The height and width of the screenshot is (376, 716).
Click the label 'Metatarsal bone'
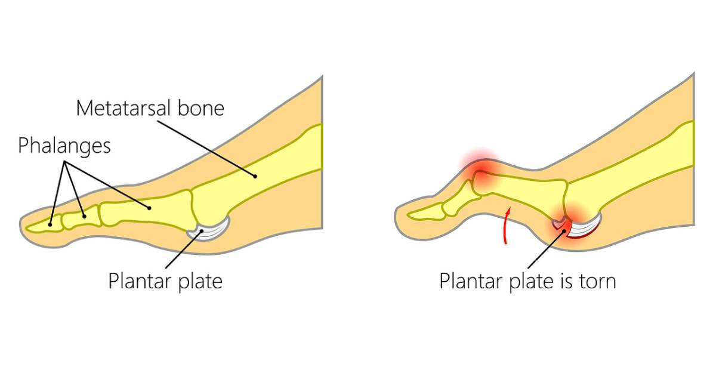point(150,109)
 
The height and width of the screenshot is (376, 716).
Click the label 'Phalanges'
point(64,146)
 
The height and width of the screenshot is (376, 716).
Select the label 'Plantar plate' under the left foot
point(165,280)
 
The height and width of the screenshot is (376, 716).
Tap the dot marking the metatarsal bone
point(255,176)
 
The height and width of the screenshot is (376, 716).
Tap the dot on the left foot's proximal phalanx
point(149,207)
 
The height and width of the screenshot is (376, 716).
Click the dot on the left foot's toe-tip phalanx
point(51,224)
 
